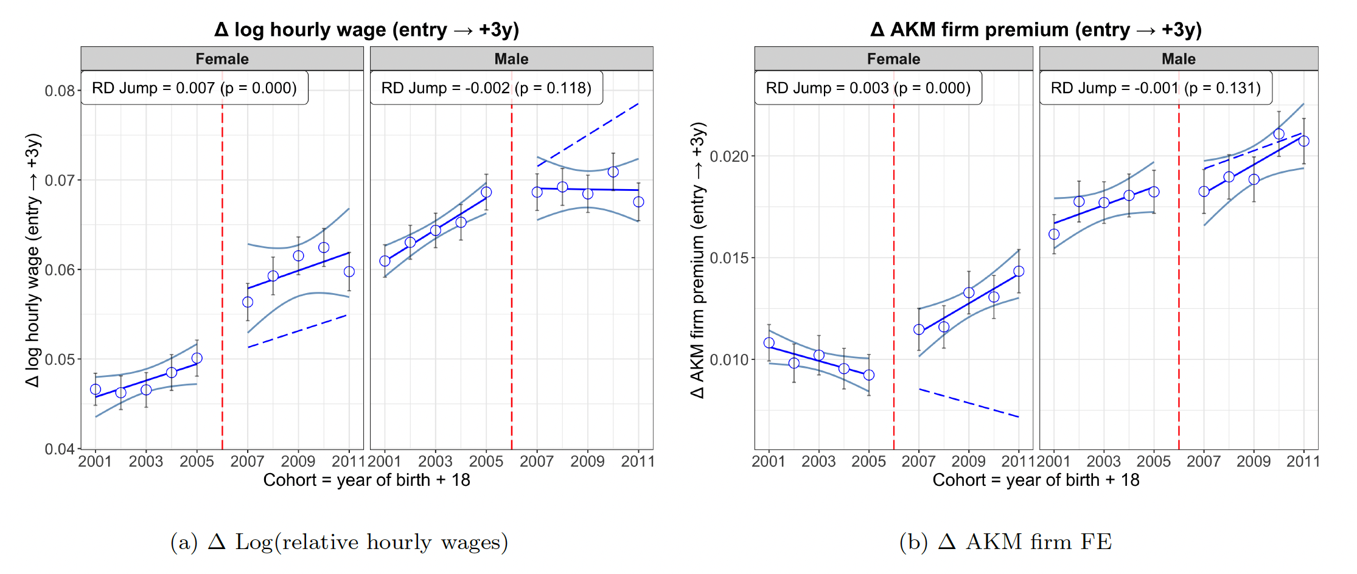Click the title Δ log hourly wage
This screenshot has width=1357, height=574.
coord(366,29)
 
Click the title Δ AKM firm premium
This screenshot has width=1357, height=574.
coord(1036,29)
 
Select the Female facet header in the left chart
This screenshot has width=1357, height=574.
coord(222,59)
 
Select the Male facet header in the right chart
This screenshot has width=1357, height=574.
coord(1178,59)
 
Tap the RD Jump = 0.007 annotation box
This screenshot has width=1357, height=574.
coord(194,88)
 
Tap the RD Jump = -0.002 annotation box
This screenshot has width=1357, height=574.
coord(486,88)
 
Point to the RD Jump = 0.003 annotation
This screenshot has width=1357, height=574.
coord(868,88)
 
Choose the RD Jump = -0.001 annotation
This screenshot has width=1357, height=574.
coord(1156,88)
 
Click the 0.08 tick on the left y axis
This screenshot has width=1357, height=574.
coord(60,91)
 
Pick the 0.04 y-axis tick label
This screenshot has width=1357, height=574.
coord(60,449)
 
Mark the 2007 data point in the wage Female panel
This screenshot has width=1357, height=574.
coord(248,302)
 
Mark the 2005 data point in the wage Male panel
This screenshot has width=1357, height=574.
coord(486,192)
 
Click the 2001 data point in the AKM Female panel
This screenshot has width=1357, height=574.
coord(769,343)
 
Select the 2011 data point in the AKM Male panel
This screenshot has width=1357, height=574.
coord(1304,141)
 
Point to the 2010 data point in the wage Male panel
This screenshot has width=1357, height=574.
coord(613,172)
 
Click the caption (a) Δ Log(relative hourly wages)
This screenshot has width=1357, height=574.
coord(339,542)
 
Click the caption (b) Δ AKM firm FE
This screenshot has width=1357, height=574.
coord(1005,542)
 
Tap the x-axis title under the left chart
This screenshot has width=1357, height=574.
coord(366,480)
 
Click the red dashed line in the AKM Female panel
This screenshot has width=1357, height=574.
coord(894,274)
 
